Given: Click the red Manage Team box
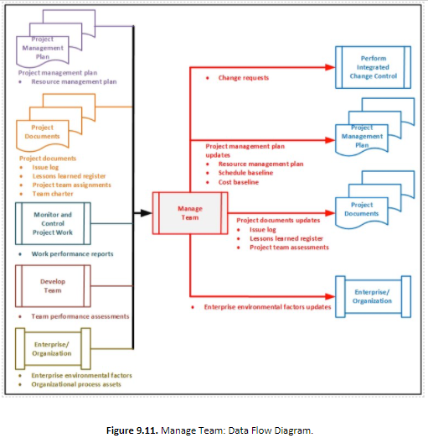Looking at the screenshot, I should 188,213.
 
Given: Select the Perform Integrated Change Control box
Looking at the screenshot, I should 373,68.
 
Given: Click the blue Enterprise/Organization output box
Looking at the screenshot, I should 373,295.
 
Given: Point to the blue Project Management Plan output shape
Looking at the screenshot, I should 363,136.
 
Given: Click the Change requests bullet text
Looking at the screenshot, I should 244,78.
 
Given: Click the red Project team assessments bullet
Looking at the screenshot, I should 288,247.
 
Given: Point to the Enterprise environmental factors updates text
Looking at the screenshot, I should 267,307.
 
